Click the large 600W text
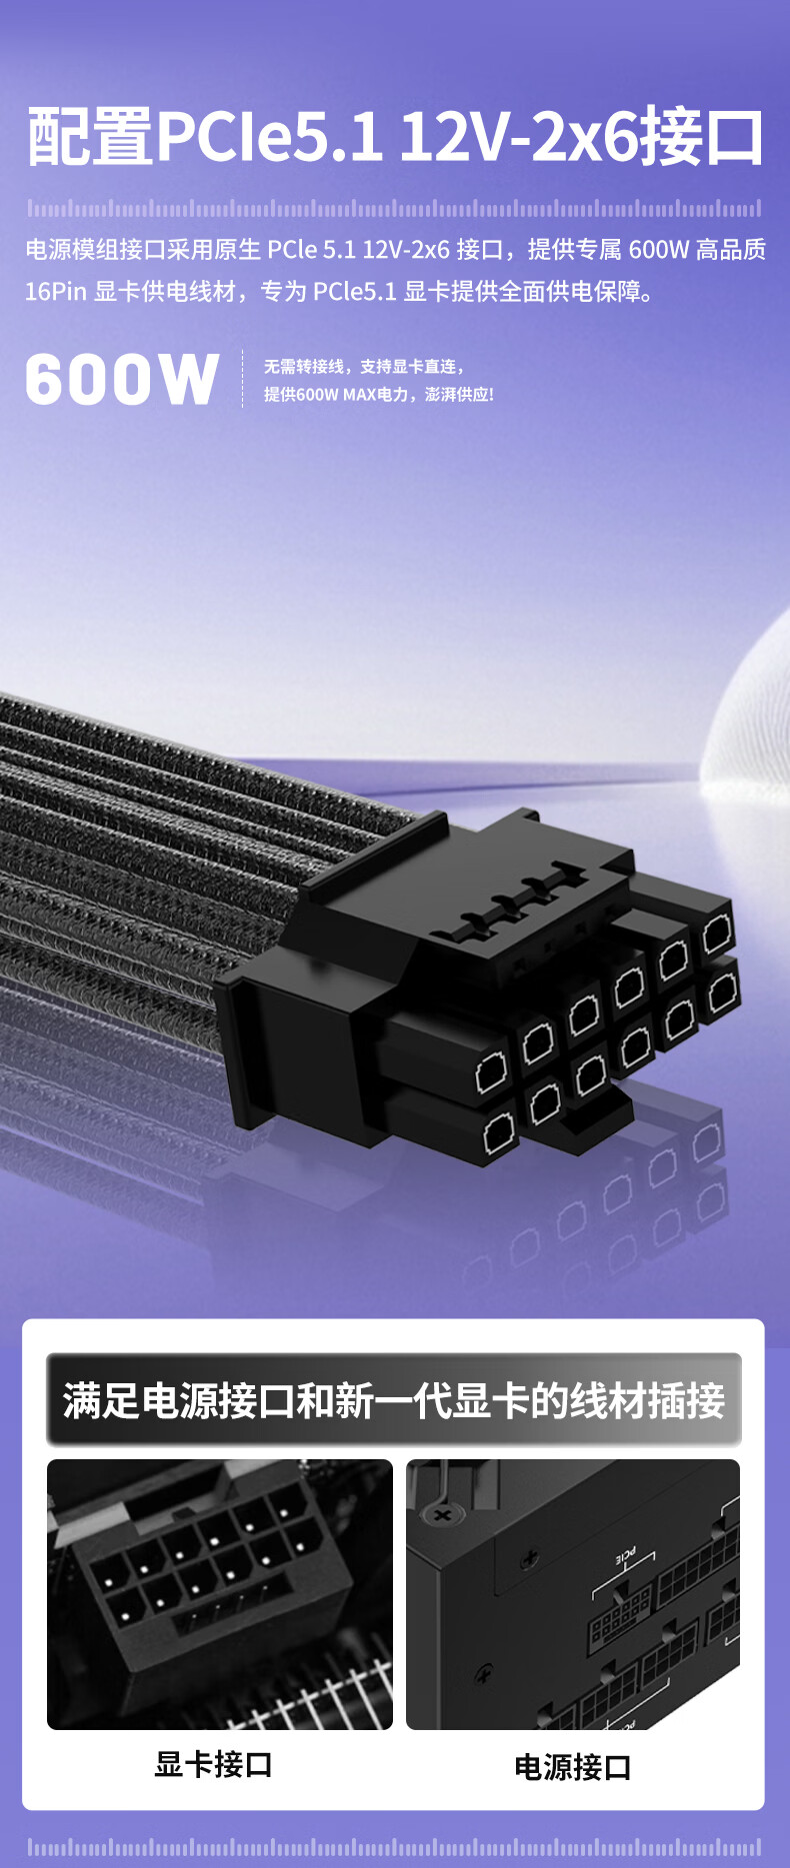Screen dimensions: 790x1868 [x=121, y=379]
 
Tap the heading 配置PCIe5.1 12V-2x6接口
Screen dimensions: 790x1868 [x=395, y=137]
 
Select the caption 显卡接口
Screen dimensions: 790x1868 [x=213, y=1764]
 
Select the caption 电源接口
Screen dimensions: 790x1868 [x=573, y=1766]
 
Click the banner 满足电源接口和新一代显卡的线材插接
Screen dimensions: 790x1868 [x=394, y=1400]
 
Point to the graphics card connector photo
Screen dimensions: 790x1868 [x=220, y=1594]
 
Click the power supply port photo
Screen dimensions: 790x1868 [x=573, y=1594]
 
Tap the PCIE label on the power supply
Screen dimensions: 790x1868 [x=625, y=1555]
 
